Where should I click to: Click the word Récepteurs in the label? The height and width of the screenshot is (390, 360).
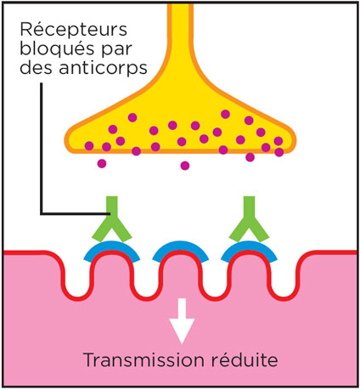coord(74,30)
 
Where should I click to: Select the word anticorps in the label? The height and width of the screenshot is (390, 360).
coord(103,69)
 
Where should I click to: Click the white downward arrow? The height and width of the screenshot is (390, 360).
coord(182,321)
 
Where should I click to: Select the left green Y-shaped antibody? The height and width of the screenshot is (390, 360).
coord(112,218)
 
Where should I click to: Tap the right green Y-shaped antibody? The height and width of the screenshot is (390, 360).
coord(249,218)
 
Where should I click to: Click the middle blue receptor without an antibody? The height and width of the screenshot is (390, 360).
coord(181,247)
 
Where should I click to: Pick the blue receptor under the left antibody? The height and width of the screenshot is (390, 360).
coord(112,247)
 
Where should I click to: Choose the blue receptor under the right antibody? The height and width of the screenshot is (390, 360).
coord(249,247)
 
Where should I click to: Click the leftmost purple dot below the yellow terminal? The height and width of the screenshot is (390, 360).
coord(102,163)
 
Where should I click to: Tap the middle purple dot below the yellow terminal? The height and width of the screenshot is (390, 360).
coord(185,166)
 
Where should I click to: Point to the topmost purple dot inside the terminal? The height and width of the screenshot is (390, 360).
coord(225,114)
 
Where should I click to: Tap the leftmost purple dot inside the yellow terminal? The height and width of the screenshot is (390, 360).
coord(89,146)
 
